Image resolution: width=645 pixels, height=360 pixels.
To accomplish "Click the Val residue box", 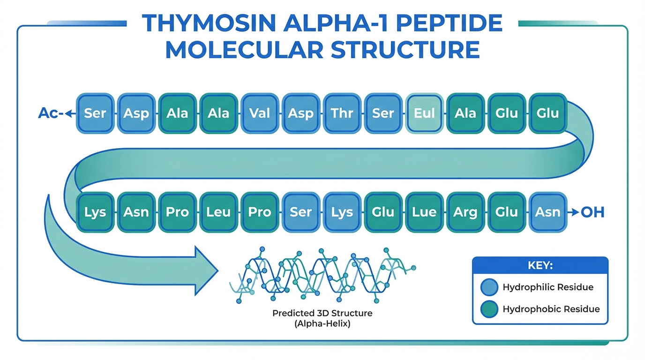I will pos(260,113).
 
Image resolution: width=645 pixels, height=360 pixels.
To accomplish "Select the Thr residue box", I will pos(342,113).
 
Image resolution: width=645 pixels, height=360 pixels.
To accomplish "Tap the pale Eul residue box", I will pos(424,113).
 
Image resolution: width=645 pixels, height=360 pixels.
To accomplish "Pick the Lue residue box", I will pos(424,212).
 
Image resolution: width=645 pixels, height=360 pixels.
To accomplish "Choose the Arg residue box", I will pos(465,212).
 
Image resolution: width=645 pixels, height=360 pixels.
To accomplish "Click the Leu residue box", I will pos(218,212).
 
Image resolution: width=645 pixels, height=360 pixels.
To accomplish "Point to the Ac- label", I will pos(50,113).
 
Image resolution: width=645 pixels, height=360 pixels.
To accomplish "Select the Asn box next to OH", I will pos(548,212).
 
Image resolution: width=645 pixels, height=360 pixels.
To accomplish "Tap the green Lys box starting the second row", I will pos(95,212).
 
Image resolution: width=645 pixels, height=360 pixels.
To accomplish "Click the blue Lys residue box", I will pos(342,212).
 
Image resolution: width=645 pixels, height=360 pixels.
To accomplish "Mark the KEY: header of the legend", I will pos(540,265).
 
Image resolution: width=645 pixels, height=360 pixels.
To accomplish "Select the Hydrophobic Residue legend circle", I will pos(489,309).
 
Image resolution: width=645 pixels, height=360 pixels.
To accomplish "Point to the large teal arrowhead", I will pos(204,270).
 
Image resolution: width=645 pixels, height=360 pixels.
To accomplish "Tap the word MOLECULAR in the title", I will pos(245,50).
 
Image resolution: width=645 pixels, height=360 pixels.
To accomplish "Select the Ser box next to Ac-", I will pos(95,113).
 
